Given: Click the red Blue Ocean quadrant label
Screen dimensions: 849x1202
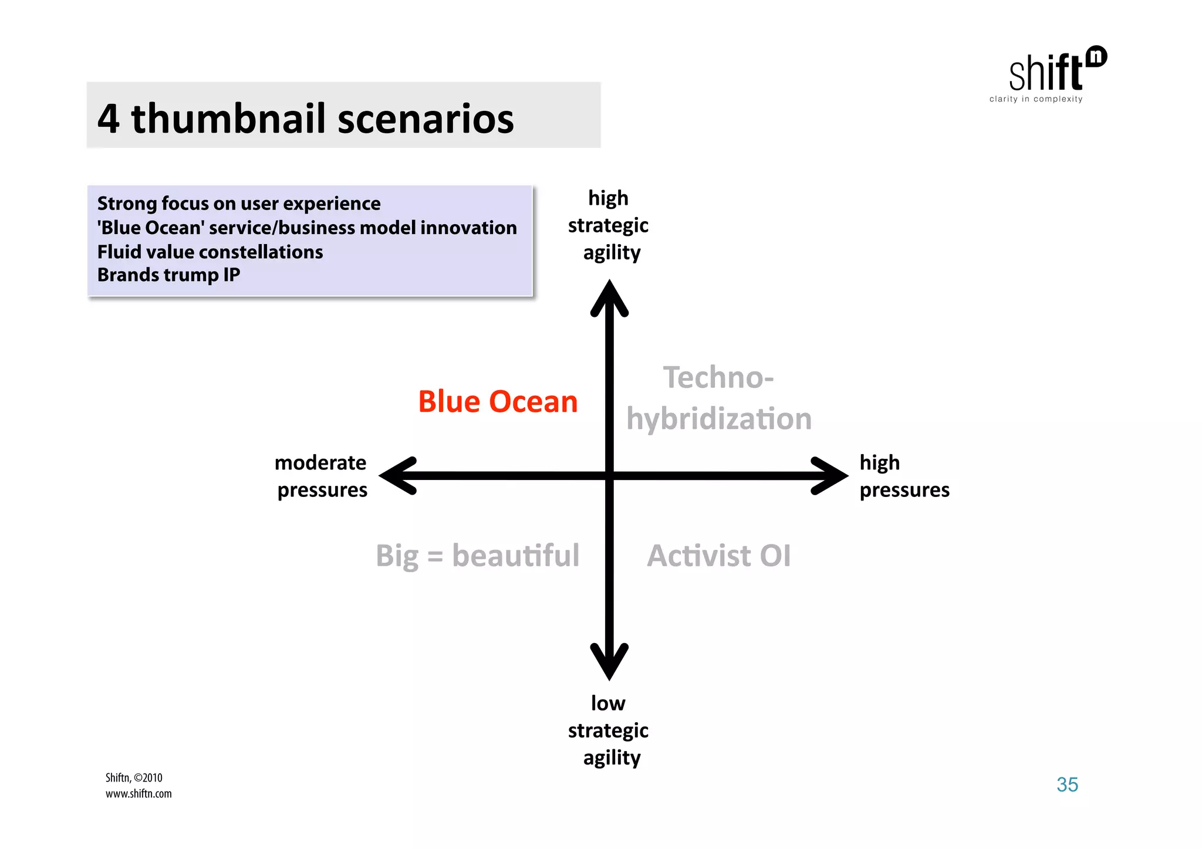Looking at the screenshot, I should click(x=498, y=402).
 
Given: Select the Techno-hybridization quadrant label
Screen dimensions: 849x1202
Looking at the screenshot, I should click(x=718, y=398).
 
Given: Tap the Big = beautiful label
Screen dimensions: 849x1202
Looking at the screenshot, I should click(x=477, y=555).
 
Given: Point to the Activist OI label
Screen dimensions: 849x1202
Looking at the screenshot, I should click(x=718, y=555).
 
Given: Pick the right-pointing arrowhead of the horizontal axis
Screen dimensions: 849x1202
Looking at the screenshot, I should click(x=829, y=475).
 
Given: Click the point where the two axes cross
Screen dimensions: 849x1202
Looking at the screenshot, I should click(x=609, y=475).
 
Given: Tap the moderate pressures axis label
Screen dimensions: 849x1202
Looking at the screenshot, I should click(x=321, y=476).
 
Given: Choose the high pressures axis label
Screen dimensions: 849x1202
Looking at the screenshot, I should click(x=904, y=476).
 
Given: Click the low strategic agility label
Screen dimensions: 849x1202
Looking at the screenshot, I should click(x=609, y=730).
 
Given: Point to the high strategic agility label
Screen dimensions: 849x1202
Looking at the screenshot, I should click(x=609, y=225).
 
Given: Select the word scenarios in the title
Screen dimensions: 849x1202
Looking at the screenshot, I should click(x=426, y=119).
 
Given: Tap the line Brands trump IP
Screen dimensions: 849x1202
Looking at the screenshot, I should click(x=168, y=275).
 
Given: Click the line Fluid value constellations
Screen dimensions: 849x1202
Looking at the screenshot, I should click(x=210, y=252).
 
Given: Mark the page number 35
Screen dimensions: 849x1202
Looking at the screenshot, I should click(x=1067, y=784).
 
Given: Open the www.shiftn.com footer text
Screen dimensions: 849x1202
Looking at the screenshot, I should click(x=139, y=794).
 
